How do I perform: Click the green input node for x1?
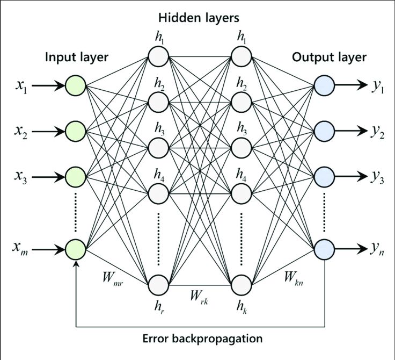pyautogui.click(x=76, y=84)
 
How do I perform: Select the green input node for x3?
pyautogui.click(x=76, y=176)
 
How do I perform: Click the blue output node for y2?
pyautogui.click(x=325, y=130)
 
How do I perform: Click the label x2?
pyautogui.click(x=22, y=131)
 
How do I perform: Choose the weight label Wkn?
pyautogui.click(x=294, y=278)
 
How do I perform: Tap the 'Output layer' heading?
pyautogui.click(x=329, y=57)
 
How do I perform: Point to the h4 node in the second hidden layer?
pyautogui.click(x=242, y=192)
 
